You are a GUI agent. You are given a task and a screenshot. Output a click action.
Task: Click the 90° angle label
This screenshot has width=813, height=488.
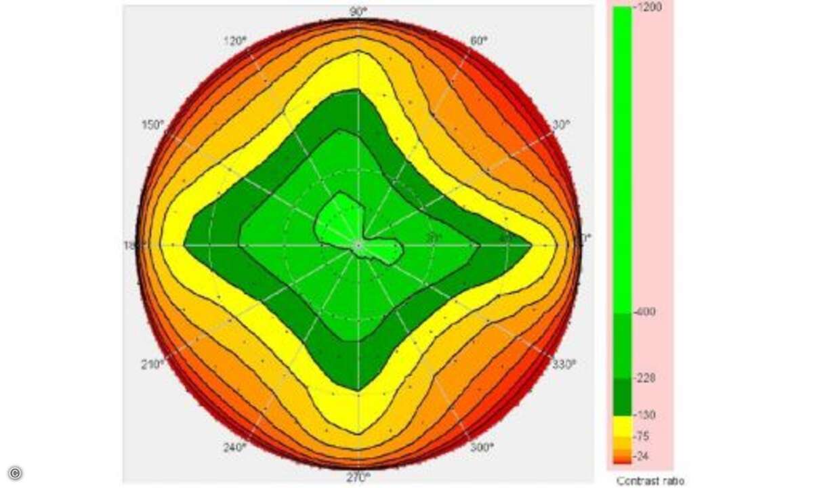pos(358,11)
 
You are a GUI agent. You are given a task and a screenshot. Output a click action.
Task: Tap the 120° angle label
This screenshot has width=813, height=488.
pos(234,41)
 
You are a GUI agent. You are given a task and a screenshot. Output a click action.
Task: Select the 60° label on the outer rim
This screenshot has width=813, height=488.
pos(478,41)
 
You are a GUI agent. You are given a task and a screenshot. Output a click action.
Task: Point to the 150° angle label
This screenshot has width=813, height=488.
pos(152,125)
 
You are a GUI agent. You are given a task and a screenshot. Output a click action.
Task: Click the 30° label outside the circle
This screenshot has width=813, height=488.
pos(561,125)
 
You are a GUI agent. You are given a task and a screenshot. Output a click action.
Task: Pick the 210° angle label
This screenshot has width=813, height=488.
pos(152,364)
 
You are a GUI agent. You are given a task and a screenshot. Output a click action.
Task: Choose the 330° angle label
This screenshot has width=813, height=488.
pos(564,364)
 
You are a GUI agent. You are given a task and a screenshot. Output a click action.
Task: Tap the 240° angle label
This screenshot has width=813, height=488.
pos(235,447)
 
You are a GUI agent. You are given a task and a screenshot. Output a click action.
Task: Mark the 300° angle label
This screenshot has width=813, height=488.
pos(482,447)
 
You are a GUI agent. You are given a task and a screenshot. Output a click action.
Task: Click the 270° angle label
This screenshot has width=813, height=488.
pos(358,478)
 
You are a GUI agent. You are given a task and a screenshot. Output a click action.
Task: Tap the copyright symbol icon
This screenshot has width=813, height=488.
pos(15,472)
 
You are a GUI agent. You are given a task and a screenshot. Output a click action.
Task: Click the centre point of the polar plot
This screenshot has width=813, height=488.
pos(358,245)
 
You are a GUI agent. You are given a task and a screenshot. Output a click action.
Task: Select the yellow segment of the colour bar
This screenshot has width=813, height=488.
pos(622,426)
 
